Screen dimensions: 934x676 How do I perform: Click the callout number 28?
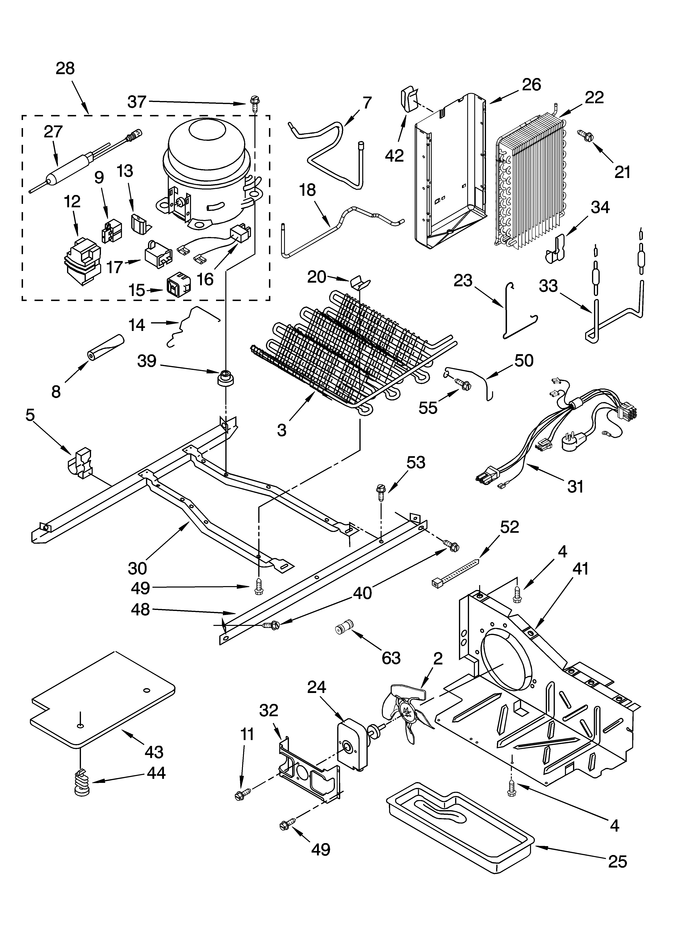[x=65, y=68]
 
